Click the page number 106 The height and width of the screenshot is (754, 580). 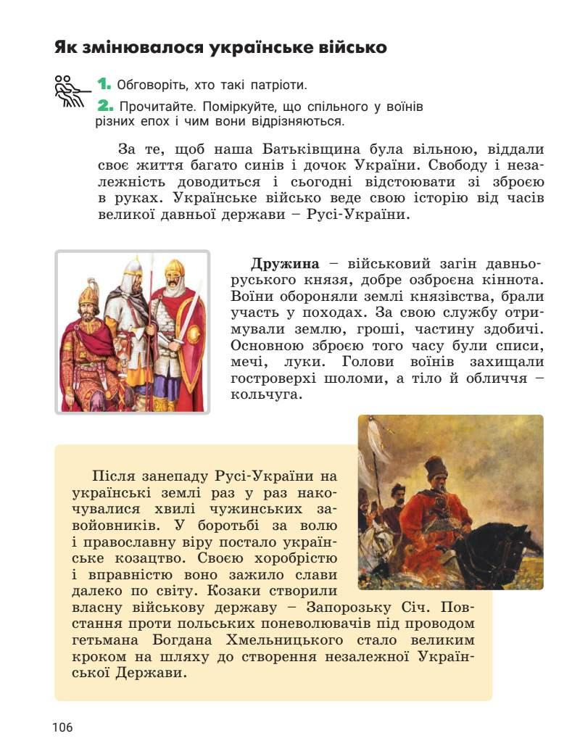(62, 727)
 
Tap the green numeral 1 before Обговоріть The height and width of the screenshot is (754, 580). (104, 84)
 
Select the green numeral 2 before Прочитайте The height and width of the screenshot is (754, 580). (105, 106)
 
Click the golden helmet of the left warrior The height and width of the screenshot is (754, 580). (88, 294)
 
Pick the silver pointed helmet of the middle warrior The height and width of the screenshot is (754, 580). (133, 270)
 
